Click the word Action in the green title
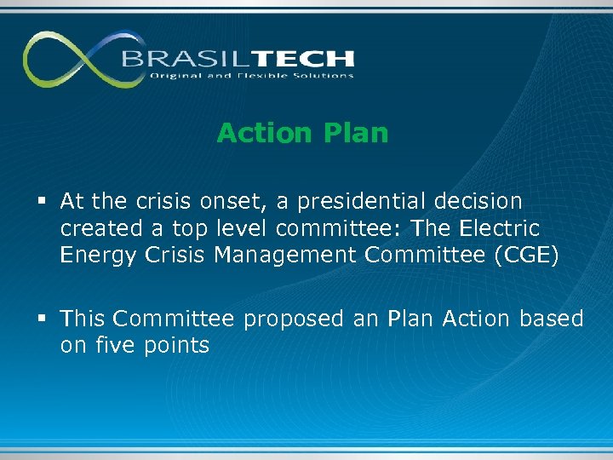click(264, 133)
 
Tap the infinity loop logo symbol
click(72, 59)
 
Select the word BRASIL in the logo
click(175, 59)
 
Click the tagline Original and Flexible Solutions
click(251, 76)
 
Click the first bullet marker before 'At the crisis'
click(43, 202)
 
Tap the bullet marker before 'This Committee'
click(43, 319)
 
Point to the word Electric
click(498, 228)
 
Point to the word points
click(176, 346)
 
